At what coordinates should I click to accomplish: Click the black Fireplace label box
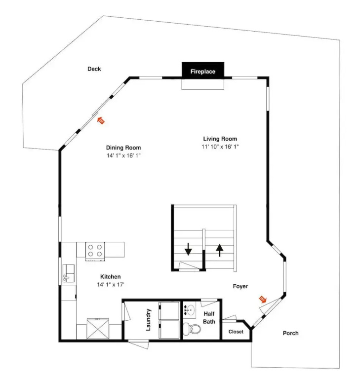pyautogui.click(x=203, y=71)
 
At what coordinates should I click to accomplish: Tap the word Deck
pyautogui.click(x=94, y=69)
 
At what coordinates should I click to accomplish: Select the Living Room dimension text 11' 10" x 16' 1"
pyautogui.click(x=220, y=147)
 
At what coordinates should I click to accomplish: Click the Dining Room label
pyautogui.click(x=123, y=148)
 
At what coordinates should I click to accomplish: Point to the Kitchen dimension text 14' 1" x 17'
pyautogui.click(x=111, y=284)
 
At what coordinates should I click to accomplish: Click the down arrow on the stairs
pyautogui.click(x=188, y=249)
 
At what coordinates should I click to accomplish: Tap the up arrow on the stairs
pyautogui.click(x=219, y=250)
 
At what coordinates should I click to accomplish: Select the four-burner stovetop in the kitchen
pyautogui.click(x=95, y=250)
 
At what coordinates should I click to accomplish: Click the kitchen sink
pyautogui.click(x=69, y=273)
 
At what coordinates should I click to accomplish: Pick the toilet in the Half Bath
pyautogui.click(x=192, y=329)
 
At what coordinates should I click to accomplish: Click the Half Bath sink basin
pyautogui.click(x=190, y=309)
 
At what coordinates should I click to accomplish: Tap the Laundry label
pyautogui.click(x=148, y=320)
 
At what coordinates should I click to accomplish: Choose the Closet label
pyautogui.click(x=236, y=332)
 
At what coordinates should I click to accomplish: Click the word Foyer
pyautogui.click(x=240, y=286)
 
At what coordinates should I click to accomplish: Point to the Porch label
pyautogui.click(x=290, y=333)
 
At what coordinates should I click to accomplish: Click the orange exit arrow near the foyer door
pyautogui.click(x=263, y=299)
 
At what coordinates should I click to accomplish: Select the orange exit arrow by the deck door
pyautogui.click(x=101, y=120)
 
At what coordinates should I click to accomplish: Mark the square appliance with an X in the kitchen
pyautogui.click(x=98, y=329)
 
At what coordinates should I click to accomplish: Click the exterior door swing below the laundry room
pyautogui.click(x=138, y=344)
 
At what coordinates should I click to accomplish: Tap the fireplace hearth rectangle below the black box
pyautogui.click(x=203, y=84)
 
